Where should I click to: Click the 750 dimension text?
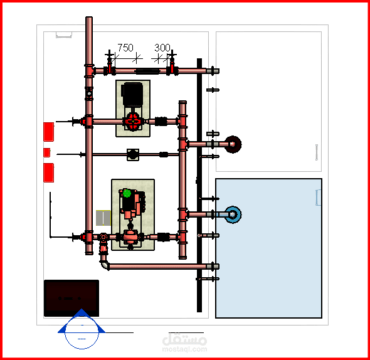125,48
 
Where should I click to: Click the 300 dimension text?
162,48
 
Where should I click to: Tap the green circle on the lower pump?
127,193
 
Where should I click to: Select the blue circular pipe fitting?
233,214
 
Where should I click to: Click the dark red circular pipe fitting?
233,144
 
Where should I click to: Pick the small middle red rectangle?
47,152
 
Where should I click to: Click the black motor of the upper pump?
132,95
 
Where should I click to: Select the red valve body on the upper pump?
133,122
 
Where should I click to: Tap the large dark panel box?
71,298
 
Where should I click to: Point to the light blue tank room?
268,248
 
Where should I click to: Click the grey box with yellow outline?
103,218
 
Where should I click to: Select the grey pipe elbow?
104,265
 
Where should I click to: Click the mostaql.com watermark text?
184,349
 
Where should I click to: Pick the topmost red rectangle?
49,132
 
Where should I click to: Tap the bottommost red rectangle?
49,172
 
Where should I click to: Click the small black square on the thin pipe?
133,155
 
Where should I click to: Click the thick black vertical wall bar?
199,185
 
